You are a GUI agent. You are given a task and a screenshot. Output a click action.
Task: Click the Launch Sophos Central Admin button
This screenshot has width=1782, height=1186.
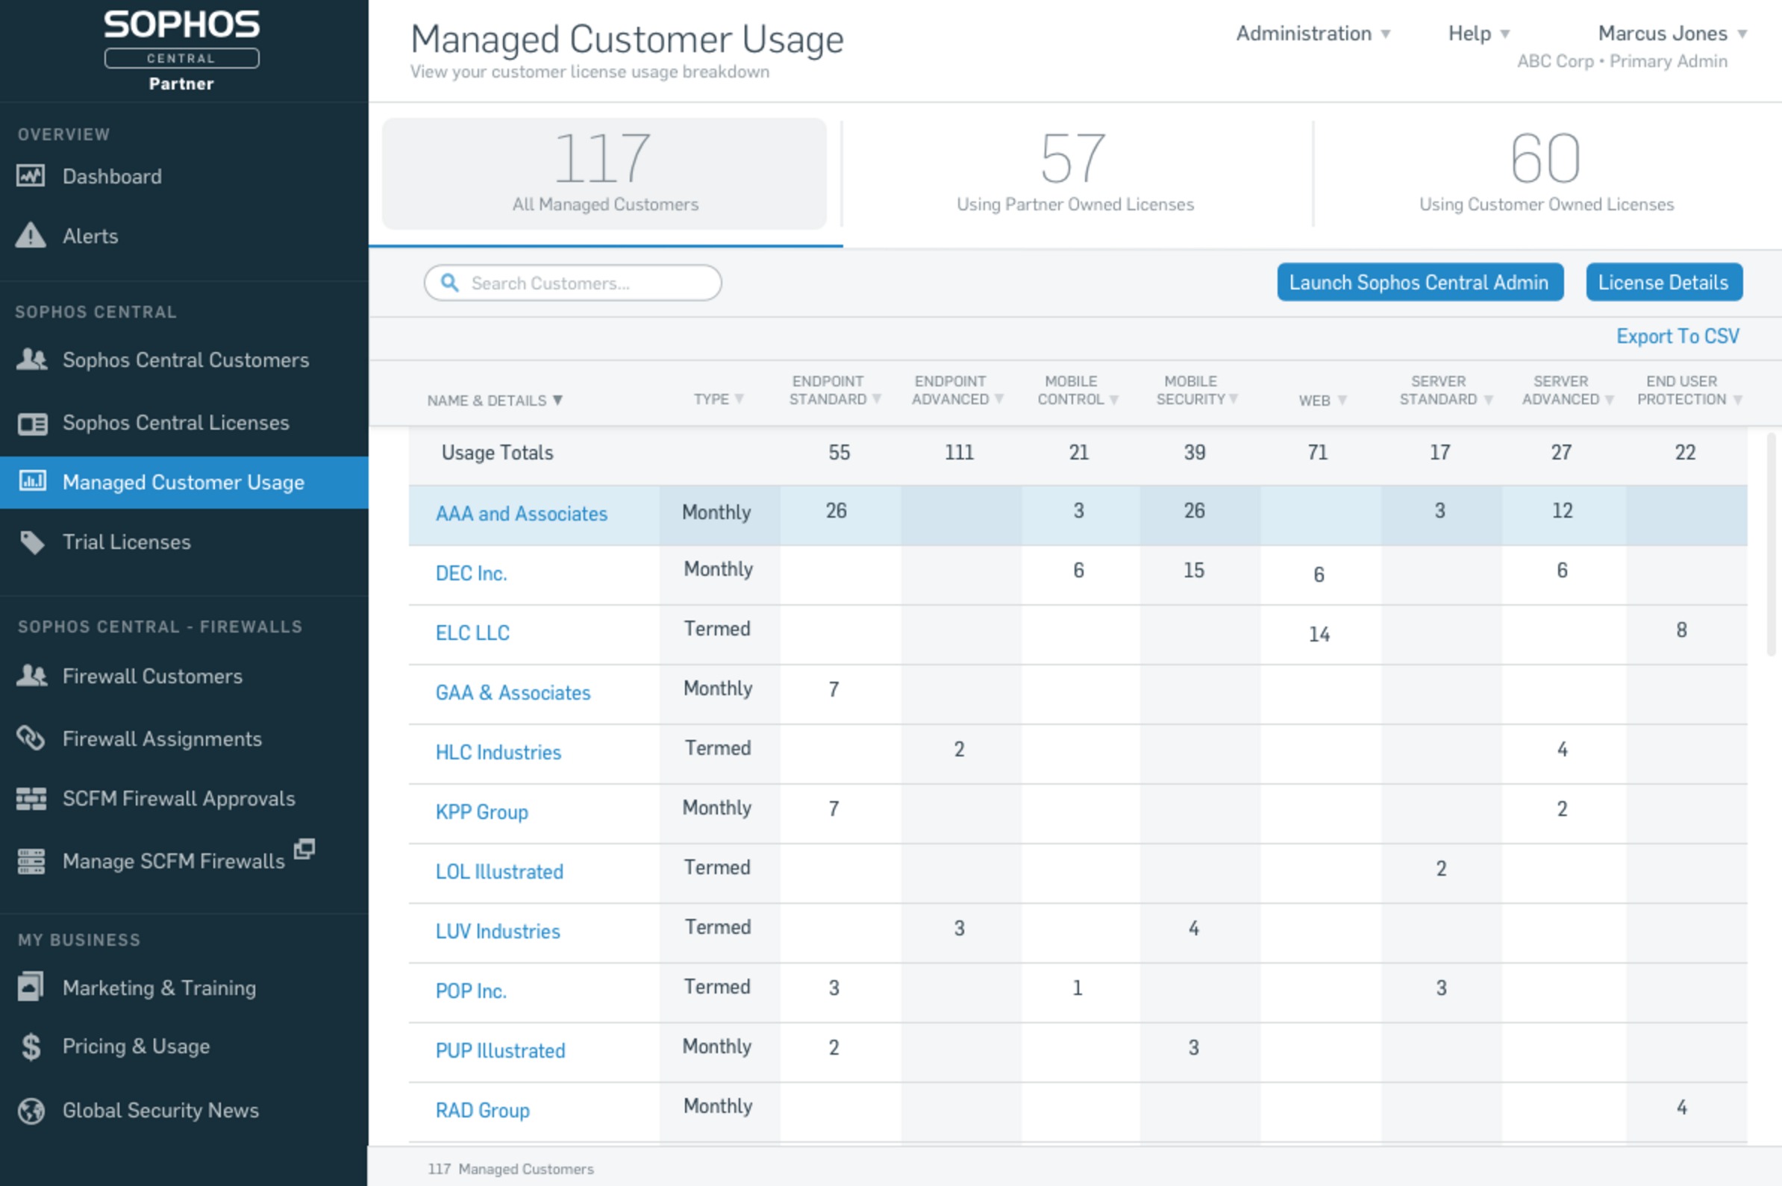[x=1419, y=282]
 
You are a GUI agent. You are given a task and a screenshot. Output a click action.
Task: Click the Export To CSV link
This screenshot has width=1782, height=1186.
[x=1677, y=336]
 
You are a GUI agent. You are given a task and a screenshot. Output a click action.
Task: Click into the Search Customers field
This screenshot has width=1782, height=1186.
[x=583, y=283]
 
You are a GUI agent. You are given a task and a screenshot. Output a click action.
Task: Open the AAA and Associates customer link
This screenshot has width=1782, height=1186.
[x=522, y=514]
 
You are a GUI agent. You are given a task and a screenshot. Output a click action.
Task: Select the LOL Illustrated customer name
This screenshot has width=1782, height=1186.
[x=499, y=871]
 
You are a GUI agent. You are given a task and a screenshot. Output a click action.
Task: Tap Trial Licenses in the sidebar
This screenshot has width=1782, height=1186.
[x=126, y=542]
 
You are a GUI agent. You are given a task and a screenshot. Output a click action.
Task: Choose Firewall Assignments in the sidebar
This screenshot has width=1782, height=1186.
[x=162, y=738]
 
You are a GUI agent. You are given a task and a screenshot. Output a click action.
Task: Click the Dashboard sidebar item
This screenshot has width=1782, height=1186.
[x=112, y=176]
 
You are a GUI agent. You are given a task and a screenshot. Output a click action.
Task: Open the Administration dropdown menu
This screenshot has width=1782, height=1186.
[x=1312, y=34]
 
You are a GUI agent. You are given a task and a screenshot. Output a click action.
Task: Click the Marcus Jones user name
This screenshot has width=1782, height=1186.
[x=1663, y=34]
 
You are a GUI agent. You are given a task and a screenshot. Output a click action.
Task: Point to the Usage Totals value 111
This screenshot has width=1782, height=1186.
[x=959, y=452]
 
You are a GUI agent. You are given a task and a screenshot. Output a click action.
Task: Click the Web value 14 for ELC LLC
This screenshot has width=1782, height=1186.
[x=1319, y=634]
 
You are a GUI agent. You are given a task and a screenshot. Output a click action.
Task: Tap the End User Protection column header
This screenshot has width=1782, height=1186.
[x=1681, y=390]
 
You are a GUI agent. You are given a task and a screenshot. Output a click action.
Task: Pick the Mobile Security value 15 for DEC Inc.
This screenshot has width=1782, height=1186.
[x=1193, y=571]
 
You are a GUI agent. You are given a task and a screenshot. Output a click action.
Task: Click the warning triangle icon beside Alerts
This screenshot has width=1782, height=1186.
[x=31, y=235]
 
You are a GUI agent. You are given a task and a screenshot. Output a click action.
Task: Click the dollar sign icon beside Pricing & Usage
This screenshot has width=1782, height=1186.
[x=31, y=1047]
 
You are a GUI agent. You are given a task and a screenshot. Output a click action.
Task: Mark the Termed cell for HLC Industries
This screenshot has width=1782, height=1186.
[x=717, y=748]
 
